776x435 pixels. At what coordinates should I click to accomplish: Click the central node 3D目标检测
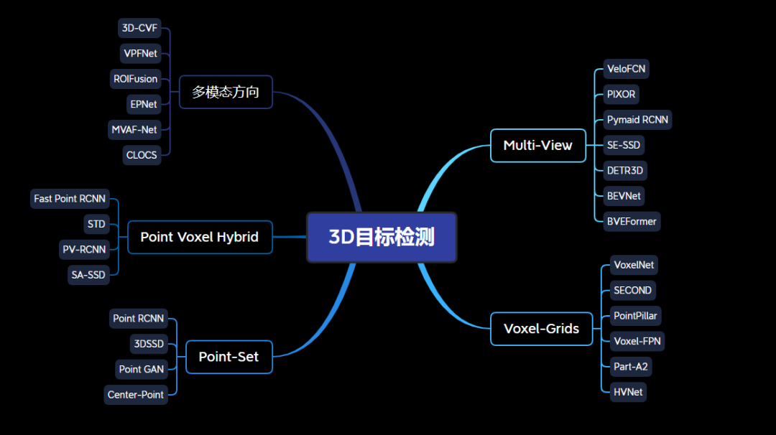(382, 237)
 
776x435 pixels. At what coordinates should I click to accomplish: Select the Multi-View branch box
(537, 146)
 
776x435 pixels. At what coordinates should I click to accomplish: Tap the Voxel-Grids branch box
(541, 329)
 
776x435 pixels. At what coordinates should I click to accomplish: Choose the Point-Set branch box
(228, 357)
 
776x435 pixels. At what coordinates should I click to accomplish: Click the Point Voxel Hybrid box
(199, 237)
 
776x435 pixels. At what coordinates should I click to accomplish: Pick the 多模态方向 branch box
(225, 92)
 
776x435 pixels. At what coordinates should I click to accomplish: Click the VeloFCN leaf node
(626, 69)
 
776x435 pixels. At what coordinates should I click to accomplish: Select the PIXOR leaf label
(621, 94)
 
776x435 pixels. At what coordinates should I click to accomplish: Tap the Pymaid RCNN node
(639, 120)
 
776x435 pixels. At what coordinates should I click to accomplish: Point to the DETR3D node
(625, 170)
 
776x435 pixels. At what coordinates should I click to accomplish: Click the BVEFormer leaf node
(632, 221)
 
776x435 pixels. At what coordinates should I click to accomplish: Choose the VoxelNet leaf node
(634, 265)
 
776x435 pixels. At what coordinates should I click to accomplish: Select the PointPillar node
(635, 316)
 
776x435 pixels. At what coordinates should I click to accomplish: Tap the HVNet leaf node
(628, 392)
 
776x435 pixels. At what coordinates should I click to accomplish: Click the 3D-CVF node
(139, 29)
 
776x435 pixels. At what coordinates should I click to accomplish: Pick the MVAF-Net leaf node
(134, 130)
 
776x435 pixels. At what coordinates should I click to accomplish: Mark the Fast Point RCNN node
(70, 199)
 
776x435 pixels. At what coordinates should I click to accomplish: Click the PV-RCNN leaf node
(83, 250)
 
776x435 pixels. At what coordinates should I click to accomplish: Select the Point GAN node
(141, 369)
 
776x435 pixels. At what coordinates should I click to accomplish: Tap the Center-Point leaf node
(135, 395)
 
